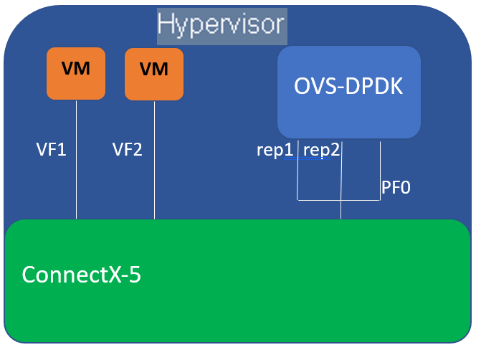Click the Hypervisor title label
(222, 25)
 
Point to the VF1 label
(52, 150)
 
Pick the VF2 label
(128, 150)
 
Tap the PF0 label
(395, 188)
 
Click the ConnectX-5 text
(81, 275)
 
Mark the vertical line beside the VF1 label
(76, 172)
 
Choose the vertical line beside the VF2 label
(154, 172)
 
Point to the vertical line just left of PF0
(379, 172)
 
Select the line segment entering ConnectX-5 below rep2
(340, 210)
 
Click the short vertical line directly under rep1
(297, 179)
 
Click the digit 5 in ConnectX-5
(133, 275)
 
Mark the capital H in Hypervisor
(166, 25)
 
